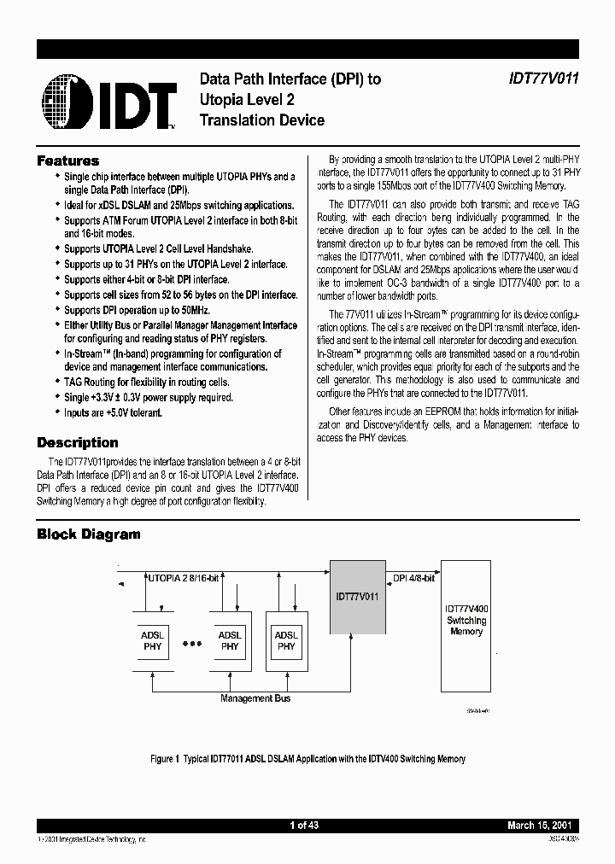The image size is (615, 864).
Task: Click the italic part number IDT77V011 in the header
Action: click(x=539, y=79)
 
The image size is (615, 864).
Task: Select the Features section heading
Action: click(x=67, y=161)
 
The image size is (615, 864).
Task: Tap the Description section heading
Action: click(x=77, y=442)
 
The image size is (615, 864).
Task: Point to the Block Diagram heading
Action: click(x=88, y=534)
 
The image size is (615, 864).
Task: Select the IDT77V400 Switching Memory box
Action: click(x=466, y=625)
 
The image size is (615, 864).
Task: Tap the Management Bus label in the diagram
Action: click(x=255, y=698)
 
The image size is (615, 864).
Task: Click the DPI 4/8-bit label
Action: click(x=413, y=578)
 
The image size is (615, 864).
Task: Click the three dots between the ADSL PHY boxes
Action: click(x=193, y=641)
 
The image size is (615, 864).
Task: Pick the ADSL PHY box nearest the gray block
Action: click(x=286, y=640)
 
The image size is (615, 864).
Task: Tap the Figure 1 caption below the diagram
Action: click(x=307, y=758)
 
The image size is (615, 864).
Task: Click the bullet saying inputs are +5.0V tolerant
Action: click(x=113, y=412)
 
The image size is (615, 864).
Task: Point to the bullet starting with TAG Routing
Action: click(x=146, y=382)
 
